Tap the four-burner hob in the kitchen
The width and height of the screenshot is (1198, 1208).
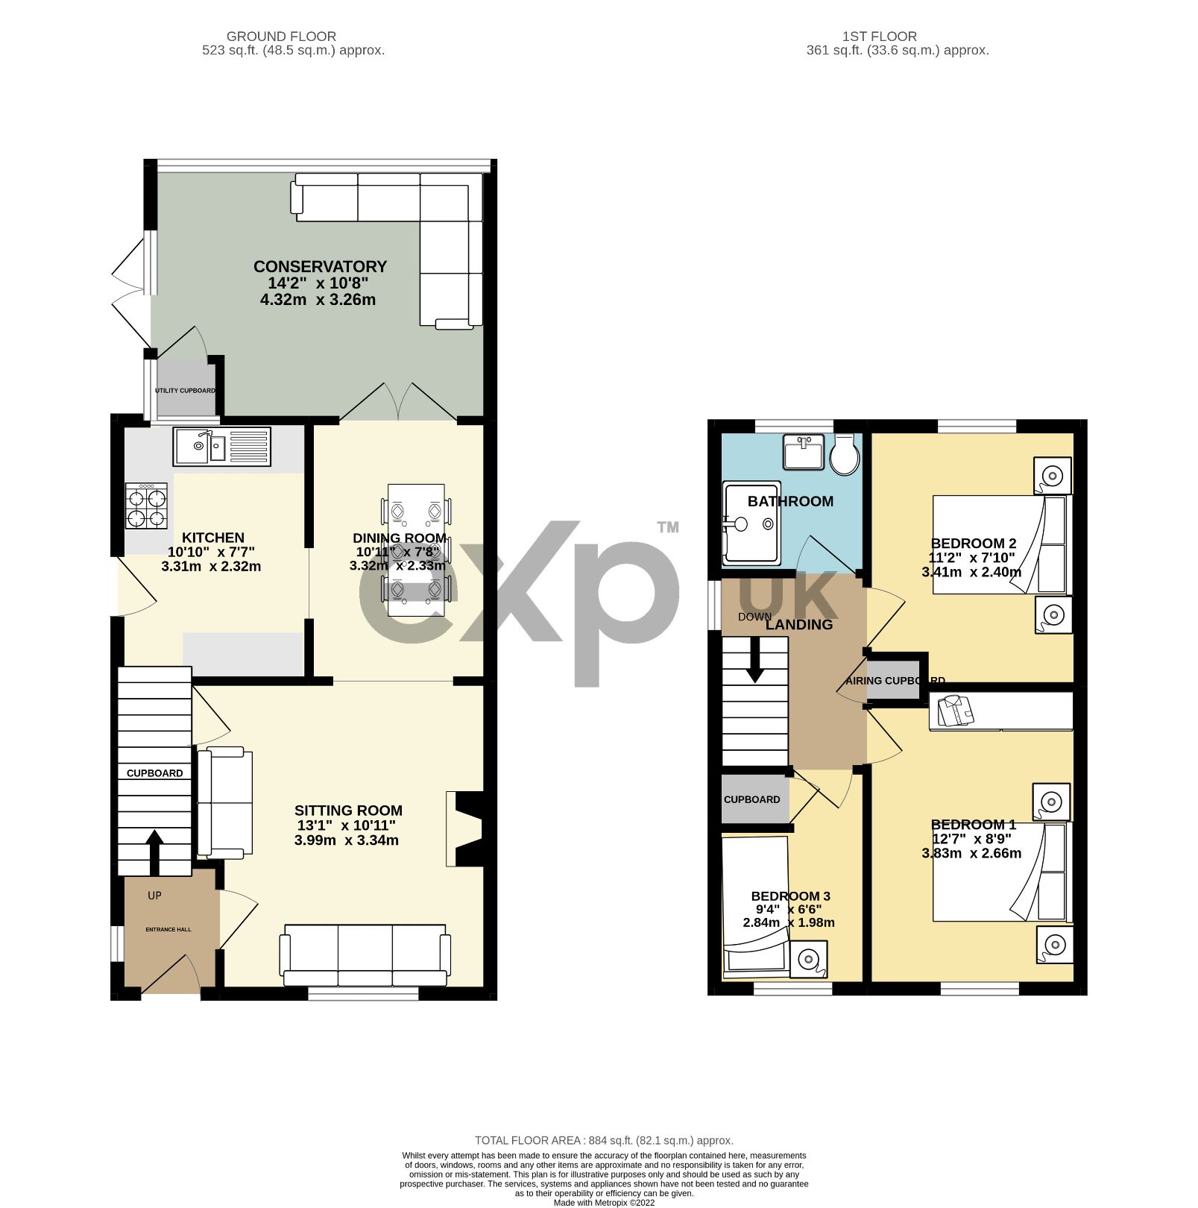146,506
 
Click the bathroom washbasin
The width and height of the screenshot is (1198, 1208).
804,451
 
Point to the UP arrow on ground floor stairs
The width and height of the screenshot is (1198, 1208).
154,851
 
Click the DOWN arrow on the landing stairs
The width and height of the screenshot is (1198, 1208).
755,662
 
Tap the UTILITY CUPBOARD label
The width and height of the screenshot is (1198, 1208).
185,391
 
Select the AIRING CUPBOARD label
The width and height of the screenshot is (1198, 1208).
895,681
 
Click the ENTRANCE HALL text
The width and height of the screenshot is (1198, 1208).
168,929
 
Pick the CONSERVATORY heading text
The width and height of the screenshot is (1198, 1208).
320,266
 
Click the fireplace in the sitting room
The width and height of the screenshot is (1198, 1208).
467,829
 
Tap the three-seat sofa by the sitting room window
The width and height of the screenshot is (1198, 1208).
365,955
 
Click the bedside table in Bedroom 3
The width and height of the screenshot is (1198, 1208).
808,959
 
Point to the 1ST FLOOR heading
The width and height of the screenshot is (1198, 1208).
879,36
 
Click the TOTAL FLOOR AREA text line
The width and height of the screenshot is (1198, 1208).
604,1140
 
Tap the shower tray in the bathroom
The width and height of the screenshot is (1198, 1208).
751,523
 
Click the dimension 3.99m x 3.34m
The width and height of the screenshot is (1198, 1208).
346,840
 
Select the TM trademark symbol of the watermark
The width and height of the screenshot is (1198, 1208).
667,527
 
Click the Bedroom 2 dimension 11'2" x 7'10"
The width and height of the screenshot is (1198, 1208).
971,558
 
